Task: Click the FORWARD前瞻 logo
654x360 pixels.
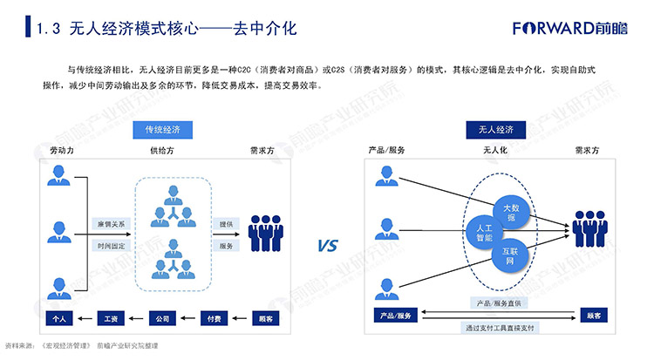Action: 569,28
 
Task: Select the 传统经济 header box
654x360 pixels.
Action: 163,130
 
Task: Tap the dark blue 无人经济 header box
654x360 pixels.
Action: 495,130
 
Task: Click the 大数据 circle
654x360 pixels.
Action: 511,213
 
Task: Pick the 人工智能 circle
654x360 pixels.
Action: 484,233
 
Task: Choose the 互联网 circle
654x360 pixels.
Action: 510,255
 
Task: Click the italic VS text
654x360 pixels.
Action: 328,245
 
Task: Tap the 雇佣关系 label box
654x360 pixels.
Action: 111,224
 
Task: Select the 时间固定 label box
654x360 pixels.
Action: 111,246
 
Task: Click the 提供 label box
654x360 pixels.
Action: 226,224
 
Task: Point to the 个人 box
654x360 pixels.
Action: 59,319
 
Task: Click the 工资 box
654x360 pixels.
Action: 111,319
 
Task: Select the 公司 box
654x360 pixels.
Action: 163,319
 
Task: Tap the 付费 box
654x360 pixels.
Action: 215,319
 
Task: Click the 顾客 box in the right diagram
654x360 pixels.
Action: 594,316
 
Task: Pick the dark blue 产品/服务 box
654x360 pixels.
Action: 395,316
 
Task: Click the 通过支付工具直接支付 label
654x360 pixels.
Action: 500,328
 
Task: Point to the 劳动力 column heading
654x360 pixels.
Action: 62,150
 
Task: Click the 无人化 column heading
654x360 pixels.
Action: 495,150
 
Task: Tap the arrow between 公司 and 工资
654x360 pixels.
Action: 136,319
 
